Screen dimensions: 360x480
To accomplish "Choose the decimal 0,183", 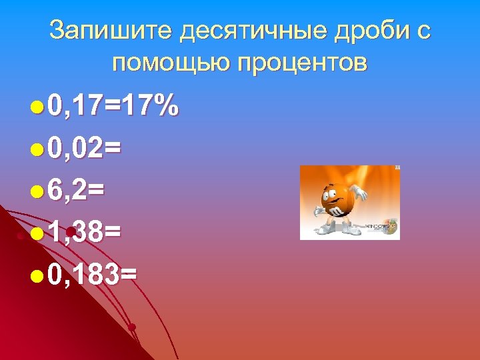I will tap(84, 274).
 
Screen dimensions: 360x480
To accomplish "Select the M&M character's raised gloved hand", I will tap(361, 192).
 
